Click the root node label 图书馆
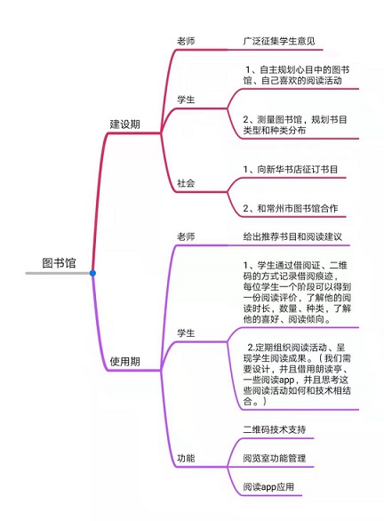tap(60, 263)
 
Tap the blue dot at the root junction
tap(92, 273)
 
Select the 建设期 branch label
tap(125, 124)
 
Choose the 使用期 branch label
tap(125, 361)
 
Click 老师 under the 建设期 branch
tap(186, 41)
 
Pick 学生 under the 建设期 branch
tap(186, 100)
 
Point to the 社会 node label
tap(186, 183)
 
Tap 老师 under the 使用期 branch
tap(186, 236)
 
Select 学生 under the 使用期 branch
tap(186, 333)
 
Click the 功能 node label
tap(186, 458)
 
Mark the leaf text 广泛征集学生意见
tap(279, 41)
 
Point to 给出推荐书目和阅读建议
tap(292, 236)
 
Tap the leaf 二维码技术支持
tap(275, 429)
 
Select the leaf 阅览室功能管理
tap(275, 458)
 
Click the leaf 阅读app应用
tap(268, 487)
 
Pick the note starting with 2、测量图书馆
tap(295, 124)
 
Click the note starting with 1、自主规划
tap(296, 75)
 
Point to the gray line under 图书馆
tap(58, 273)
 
